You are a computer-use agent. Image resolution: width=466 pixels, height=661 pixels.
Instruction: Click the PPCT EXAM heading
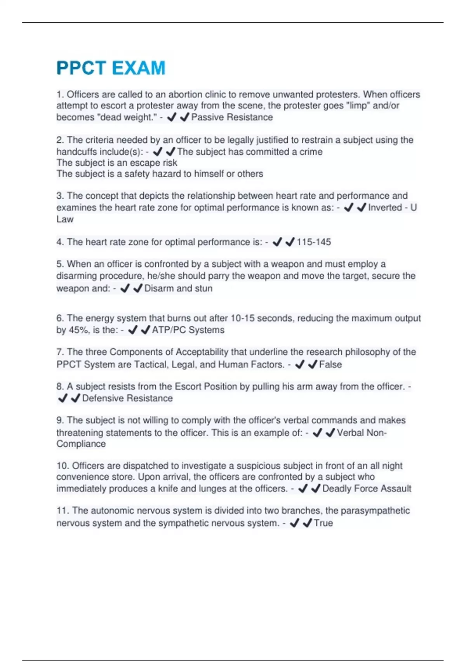[x=111, y=68]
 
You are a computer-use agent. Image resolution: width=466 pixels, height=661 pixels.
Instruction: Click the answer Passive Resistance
[x=232, y=117]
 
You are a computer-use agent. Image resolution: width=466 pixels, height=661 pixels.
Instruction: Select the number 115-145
[x=313, y=242]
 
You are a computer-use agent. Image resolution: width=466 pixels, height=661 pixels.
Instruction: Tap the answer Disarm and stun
[x=178, y=288]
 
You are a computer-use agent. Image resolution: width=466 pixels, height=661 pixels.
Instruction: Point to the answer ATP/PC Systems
[x=188, y=330]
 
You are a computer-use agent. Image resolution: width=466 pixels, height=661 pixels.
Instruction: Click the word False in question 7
[x=330, y=364]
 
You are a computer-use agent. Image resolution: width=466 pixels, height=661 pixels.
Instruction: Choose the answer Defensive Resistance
[x=127, y=398]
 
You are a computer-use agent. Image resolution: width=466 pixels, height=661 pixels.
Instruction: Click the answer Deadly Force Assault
[x=367, y=488]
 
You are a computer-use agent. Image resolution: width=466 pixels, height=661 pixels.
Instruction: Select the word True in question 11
[x=323, y=523]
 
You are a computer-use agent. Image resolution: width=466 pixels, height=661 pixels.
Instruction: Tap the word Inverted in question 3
[x=385, y=207]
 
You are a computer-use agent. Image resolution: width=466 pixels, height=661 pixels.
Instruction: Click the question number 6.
[x=60, y=318]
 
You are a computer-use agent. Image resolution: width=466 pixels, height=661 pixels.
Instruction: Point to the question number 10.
[x=62, y=465]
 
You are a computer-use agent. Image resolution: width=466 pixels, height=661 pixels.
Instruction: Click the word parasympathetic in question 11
[x=375, y=511]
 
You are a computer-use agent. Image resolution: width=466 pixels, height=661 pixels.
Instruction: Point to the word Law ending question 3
[x=65, y=219]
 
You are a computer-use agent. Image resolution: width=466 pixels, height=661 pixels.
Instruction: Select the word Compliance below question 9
[x=81, y=444]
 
